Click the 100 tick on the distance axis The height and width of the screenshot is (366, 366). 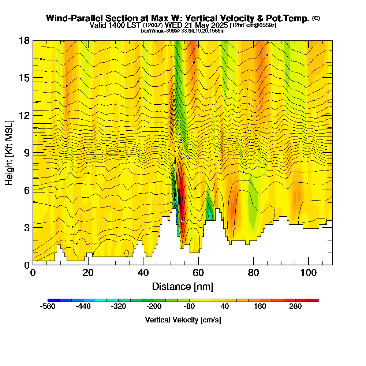309,273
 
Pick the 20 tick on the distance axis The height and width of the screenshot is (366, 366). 88,273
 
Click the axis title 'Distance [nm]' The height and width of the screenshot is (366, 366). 183,286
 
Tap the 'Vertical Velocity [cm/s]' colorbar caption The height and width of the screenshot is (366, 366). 183,320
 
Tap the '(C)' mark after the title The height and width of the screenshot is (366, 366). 316,18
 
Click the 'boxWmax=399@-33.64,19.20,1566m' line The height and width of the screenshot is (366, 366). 183,31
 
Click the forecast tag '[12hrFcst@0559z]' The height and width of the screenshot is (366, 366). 253,26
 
